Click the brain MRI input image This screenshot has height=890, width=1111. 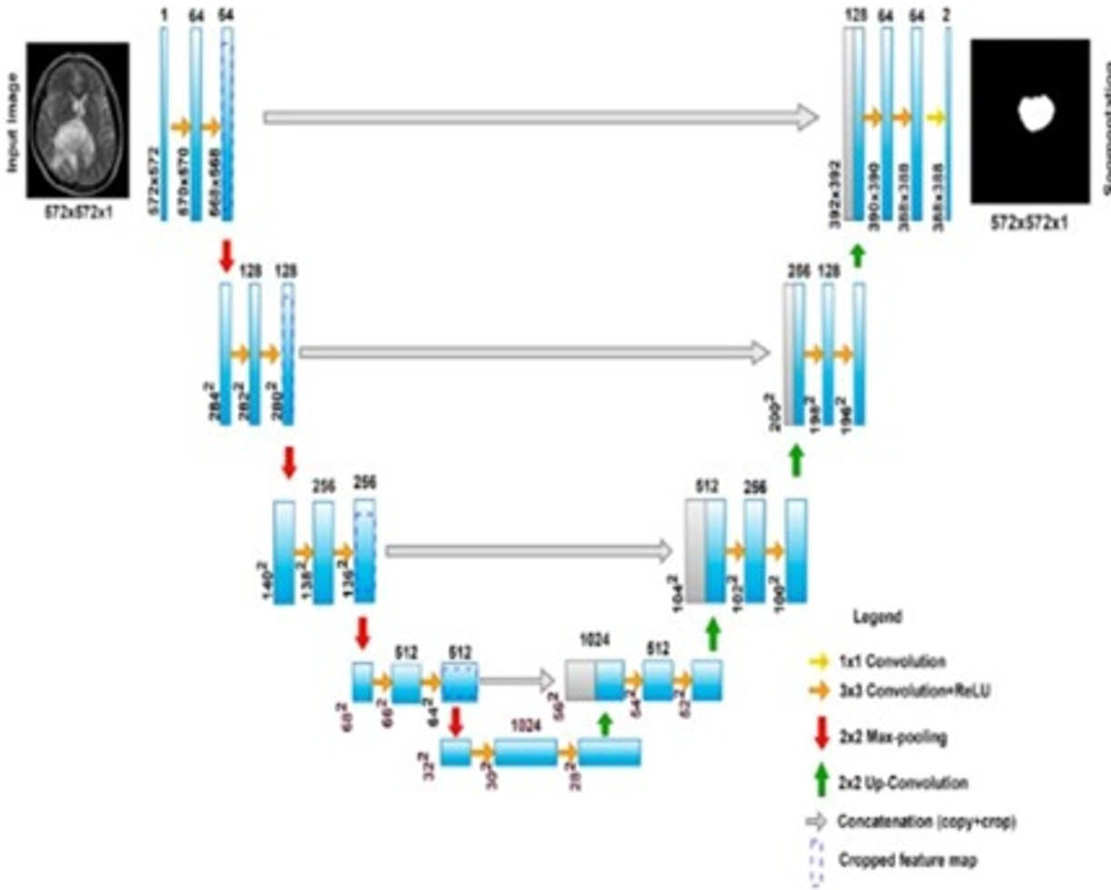(x=77, y=120)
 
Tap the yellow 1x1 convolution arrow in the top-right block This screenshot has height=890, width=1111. (x=936, y=117)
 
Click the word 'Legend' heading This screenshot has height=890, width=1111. (x=876, y=615)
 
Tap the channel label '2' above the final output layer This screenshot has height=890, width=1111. (x=948, y=14)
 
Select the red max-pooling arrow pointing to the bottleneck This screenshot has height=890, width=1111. (x=456, y=722)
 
